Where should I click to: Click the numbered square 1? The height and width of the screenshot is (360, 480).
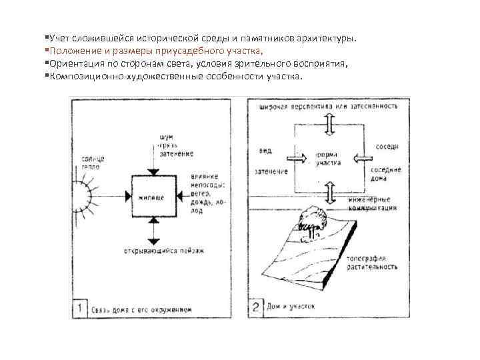(x=79, y=308)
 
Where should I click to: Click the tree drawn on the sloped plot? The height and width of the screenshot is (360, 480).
(x=311, y=219)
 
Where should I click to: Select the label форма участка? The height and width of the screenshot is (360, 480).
(x=327, y=159)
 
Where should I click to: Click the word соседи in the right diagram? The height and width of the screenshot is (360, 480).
(x=387, y=145)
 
